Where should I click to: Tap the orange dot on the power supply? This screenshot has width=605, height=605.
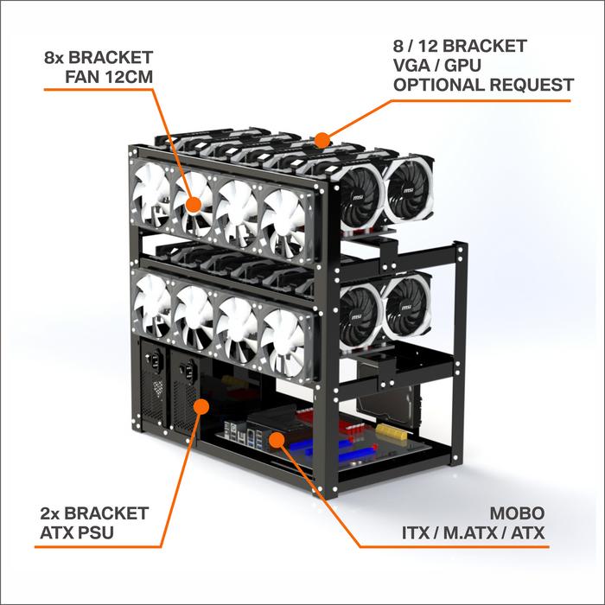200,404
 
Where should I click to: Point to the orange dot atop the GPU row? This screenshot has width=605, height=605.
322,138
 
